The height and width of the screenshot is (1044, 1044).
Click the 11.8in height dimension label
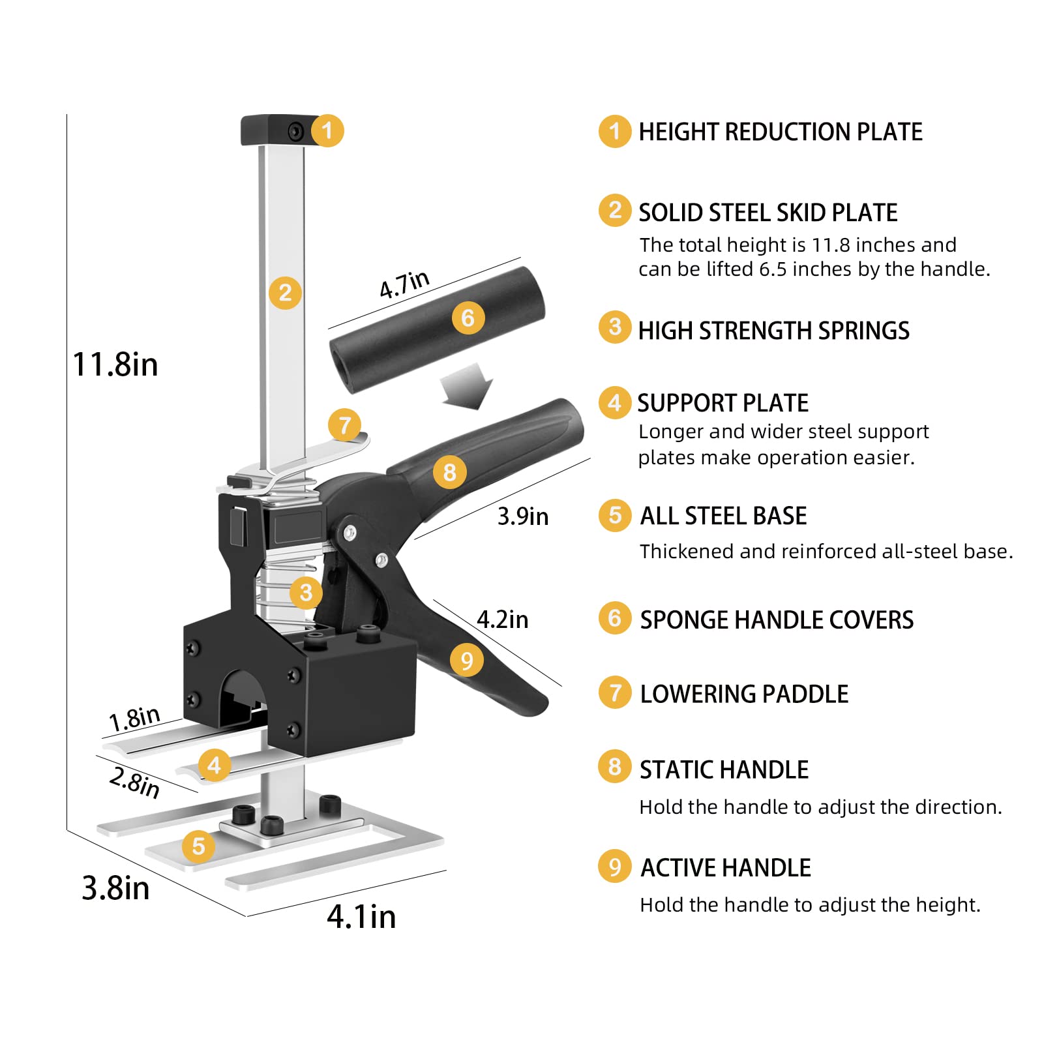point(115,364)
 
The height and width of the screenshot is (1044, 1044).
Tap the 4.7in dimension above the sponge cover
point(404,284)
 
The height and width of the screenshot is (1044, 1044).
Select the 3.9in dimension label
point(522,516)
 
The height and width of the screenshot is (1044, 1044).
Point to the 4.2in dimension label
point(502,619)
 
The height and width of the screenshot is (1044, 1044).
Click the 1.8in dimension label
point(134,719)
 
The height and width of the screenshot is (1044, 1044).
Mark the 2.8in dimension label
point(134,782)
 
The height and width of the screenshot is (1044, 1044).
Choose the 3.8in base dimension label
point(115,888)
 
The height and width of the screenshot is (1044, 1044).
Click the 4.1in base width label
point(361,916)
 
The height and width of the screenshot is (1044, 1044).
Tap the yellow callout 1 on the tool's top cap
point(327,130)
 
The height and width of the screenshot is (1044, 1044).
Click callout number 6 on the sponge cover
point(468,318)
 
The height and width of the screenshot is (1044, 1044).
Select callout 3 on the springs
point(306,592)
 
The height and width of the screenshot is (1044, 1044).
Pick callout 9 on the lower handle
point(466,661)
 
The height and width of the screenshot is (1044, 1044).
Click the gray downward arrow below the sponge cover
point(467,386)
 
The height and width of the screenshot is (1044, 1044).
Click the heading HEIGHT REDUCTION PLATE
point(780,132)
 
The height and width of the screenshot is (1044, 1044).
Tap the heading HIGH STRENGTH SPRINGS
point(773,331)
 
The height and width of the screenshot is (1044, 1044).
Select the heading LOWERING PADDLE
point(744,694)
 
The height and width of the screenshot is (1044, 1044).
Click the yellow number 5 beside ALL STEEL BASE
point(615,515)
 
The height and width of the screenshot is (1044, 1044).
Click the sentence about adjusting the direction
point(820,807)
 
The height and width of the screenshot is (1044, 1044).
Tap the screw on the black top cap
point(297,132)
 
